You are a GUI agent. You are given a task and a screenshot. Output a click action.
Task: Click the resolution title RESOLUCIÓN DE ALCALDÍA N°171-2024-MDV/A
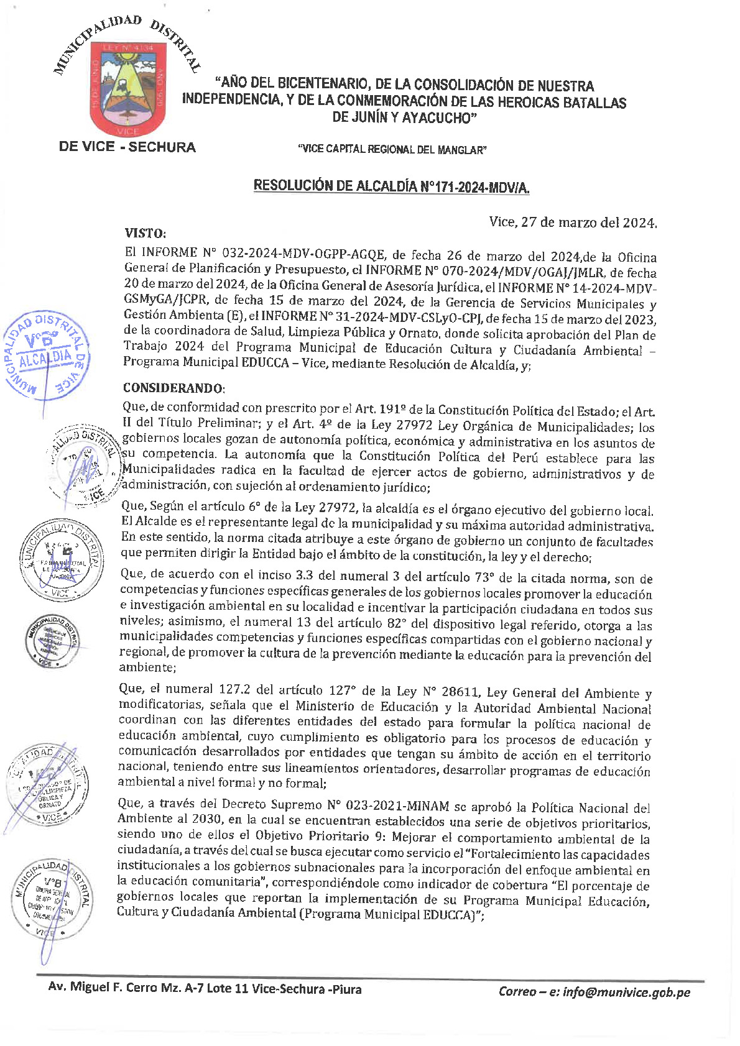[x=391, y=186]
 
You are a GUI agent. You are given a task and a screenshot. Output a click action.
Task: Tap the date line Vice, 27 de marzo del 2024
[x=572, y=222]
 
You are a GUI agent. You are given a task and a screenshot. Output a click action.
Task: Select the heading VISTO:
[x=145, y=233]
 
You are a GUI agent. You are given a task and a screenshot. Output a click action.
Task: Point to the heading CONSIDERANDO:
[x=173, y=388]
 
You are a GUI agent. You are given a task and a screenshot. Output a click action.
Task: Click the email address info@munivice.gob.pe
[x=626, y=992]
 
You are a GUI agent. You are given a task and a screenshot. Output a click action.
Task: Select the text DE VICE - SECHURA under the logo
[x=127, y=147]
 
